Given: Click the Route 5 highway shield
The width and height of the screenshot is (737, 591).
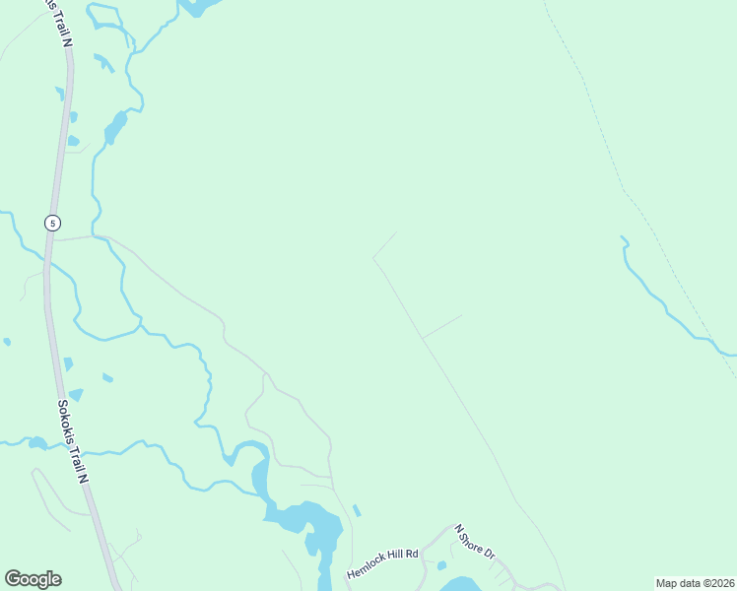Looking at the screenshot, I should pos(51,223).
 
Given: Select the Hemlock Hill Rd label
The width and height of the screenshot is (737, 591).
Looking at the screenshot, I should pos(383,562).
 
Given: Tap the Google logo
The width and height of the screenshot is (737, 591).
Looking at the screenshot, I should pos(33,579).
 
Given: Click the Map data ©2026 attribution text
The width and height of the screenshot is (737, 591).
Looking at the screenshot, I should pos(695,583).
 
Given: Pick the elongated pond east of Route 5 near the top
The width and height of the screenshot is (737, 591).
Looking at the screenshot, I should pos(115,127).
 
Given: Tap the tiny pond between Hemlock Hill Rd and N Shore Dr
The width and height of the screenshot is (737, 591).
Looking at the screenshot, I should pos(441,565).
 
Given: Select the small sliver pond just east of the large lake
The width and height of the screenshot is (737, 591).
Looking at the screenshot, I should pos(357,510).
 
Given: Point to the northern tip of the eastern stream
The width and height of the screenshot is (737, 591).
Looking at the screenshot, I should pos(622,237).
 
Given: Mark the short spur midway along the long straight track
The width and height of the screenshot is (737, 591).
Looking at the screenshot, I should pos(442,326).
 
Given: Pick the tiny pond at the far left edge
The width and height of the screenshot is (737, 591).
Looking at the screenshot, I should pos(7,342).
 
